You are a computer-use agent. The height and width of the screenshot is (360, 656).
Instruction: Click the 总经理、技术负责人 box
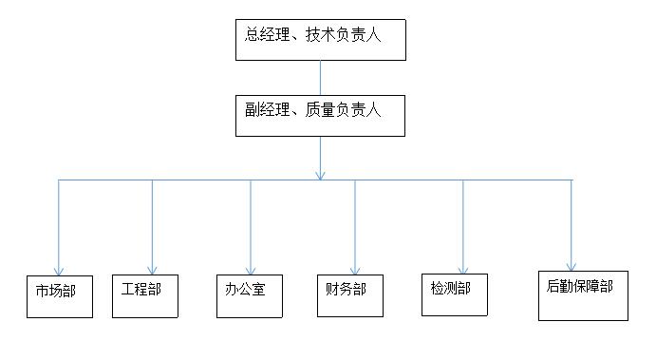pyautogui.click(x=321, y=39)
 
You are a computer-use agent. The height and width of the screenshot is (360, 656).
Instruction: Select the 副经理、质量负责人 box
pyautogui.click(x=321, y=114)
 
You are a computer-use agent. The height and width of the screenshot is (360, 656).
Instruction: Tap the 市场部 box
pyautogui.click(x=60, y=295)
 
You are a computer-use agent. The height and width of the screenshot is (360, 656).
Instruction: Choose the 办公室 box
pyautogui.click(x=250, y=294)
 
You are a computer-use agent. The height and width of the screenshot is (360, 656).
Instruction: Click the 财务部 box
pyautogui.click(x=349, y=294)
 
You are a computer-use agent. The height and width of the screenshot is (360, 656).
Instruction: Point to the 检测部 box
pyautogui.click(x=454, y=294)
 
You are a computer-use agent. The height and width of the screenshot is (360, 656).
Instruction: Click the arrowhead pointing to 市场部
pyautogui.click(x=60, y=271)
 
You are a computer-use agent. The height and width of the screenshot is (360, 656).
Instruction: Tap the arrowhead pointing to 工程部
pyautogui.click(x=152, y=269)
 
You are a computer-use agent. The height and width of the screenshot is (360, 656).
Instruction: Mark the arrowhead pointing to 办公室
pyautogui.click(x=251, y=270)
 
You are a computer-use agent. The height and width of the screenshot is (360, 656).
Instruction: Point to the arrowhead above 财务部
pyautogui.click(x=355, y=270)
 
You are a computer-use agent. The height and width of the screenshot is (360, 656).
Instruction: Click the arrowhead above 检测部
pyautogui.click(x=463, y=269)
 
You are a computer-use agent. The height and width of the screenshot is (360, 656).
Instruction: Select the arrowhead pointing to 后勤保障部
pyautogui.click(x=572, y=266)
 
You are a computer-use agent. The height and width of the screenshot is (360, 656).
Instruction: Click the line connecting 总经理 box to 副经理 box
pyautogui.click(x=321, y=78)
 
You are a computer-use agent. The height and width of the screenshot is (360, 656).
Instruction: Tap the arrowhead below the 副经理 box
pyautogui.click(x=321, y=174)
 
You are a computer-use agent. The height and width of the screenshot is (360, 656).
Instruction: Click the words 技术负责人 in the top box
pyautogui.click(x=347, y=35)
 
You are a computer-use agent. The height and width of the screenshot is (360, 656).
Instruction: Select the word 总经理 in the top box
pyautogui.click(x=265, y=35)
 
